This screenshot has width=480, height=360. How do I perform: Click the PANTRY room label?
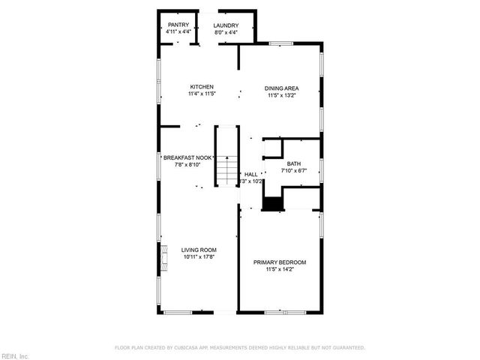point(178,25)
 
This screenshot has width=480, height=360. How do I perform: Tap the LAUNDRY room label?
point(225,25)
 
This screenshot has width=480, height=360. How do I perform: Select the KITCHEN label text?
point(202,87)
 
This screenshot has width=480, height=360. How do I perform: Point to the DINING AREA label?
point(282,88)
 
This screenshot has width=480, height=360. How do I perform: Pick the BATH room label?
point(294,163)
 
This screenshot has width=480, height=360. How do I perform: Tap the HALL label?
point(250,174)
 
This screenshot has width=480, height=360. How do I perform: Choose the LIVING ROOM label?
point(199,250)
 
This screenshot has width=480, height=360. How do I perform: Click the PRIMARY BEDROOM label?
point(280,262)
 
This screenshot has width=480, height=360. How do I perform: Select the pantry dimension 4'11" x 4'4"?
point(178,32)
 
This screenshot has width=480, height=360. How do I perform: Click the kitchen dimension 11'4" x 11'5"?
point(202,94)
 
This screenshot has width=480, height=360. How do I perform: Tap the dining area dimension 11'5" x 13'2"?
point(282,95)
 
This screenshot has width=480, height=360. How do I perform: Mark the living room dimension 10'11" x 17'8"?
point(199,258)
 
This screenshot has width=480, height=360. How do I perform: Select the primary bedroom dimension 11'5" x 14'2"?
point(280,269)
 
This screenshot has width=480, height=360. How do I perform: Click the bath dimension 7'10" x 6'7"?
point(294,171)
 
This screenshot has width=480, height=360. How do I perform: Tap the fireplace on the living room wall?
point(161,256)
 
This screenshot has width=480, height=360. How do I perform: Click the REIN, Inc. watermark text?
point(14,355)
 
